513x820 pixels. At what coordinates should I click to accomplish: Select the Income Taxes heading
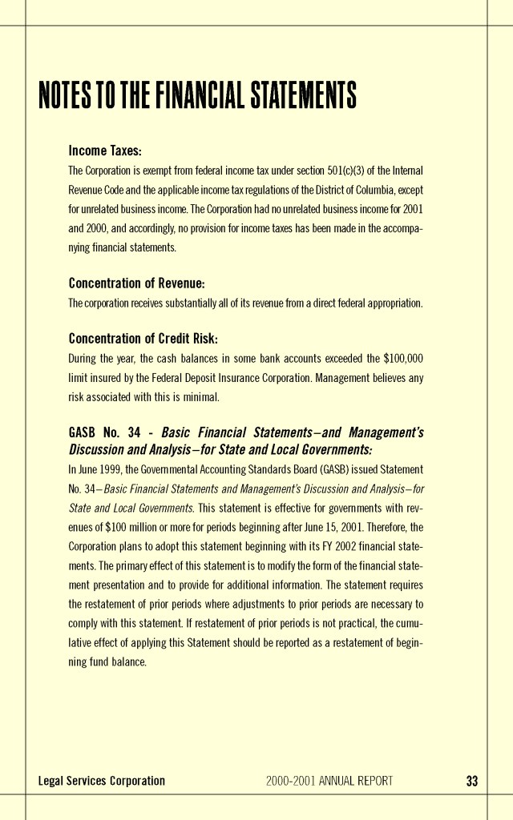105,151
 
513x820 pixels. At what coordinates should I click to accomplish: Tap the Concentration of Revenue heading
137,283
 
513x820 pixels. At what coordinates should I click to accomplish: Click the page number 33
471,781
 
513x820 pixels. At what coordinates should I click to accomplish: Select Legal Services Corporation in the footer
102,781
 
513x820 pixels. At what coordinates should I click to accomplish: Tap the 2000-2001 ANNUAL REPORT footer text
329,781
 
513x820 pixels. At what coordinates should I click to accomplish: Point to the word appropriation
394,303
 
